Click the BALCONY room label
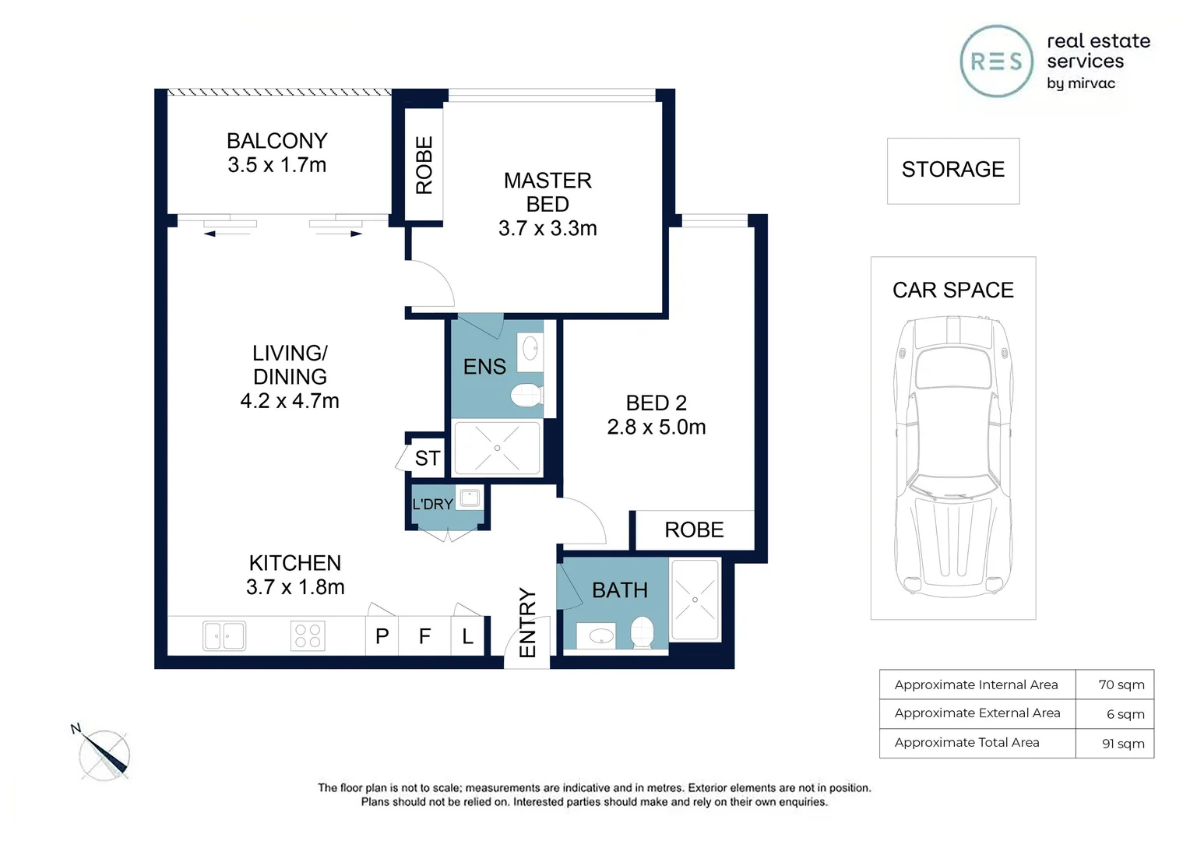[276, 141]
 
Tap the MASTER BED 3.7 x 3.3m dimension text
[547, 228]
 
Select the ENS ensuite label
[484, 367]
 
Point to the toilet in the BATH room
[642, 632]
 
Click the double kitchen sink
[224, 635]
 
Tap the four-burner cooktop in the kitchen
[308, 636]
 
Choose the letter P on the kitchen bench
[382, 636]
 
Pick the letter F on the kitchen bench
[424, 636]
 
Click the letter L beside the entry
[467, 636]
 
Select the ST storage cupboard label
[427, 458]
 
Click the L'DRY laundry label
[432, 504]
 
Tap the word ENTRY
[527, 623]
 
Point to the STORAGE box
[953, 171]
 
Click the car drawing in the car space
[953, 457]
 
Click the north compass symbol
[103, 753]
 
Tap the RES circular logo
[997, 61]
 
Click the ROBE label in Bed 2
[694, 530]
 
